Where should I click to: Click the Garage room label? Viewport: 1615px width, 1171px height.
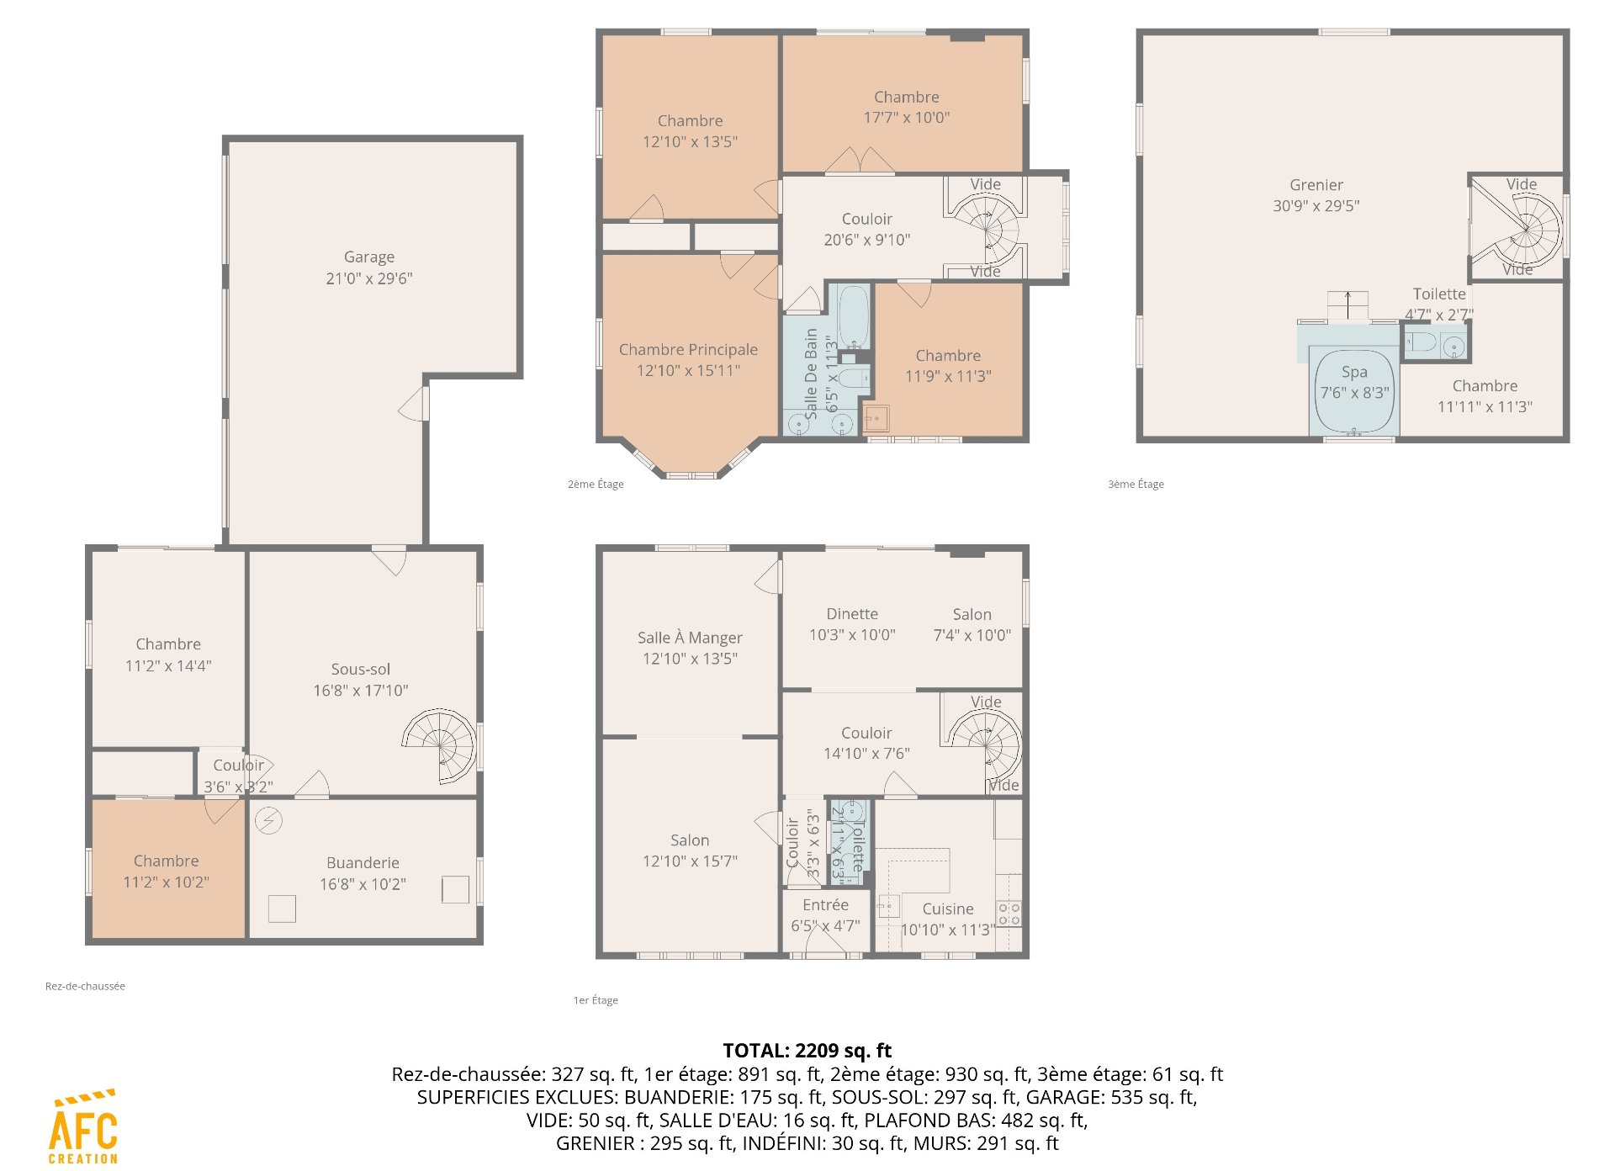point(369,257)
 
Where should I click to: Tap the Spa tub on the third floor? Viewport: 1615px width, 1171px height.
point(1354,392)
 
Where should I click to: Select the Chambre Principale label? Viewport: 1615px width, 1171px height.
point(688,350)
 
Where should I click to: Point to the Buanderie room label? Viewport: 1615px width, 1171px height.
point(363,863)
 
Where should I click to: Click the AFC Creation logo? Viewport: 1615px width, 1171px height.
point(83,1127)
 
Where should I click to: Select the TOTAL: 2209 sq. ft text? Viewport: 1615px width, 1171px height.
point(807,1051)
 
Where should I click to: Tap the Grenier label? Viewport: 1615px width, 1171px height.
point(1316,185)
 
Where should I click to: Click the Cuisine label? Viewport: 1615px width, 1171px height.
point(948,909)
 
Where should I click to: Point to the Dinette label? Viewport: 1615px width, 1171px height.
point(852,614)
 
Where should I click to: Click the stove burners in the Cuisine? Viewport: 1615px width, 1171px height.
point(1009,914)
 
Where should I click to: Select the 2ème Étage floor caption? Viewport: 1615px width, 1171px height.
point(596,485)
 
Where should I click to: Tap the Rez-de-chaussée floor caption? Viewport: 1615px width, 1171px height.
point(85,986)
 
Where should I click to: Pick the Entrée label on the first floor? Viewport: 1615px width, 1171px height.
point(825,905)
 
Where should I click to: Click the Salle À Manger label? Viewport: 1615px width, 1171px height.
point(690,638)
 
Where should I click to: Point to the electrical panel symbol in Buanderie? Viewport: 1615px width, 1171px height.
point(268,820)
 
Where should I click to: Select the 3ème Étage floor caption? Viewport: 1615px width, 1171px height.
point(1136,485)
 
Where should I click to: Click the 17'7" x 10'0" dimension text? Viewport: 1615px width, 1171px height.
point(907,118)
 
